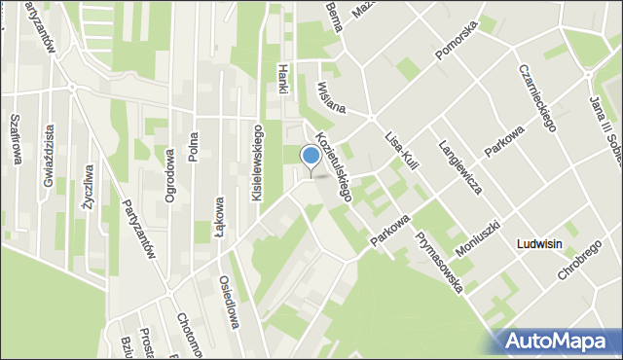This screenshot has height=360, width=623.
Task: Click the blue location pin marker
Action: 311,156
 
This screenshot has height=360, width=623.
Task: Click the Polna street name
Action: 195,146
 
